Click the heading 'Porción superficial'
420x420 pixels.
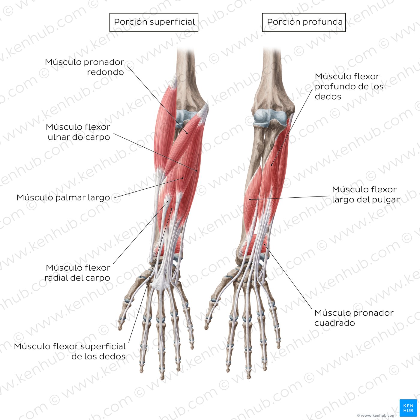154,22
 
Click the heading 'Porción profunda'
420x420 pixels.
305,22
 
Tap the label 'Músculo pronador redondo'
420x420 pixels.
84,67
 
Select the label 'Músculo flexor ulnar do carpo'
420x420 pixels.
78,132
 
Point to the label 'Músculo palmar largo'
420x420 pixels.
63,197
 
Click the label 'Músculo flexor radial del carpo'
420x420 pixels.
78,273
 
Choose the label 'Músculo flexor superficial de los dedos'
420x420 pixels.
70,351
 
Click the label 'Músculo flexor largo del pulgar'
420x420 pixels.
366,194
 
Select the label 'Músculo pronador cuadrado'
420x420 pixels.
354,318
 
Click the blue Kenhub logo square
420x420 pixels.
408,408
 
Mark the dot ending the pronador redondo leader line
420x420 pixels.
187,133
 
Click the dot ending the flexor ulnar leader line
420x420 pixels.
196,171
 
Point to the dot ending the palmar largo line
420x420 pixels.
183,178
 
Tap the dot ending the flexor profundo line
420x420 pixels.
271,165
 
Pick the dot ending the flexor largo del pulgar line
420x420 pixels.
250,199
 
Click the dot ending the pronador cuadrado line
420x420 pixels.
265,245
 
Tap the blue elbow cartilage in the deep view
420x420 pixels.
271,118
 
